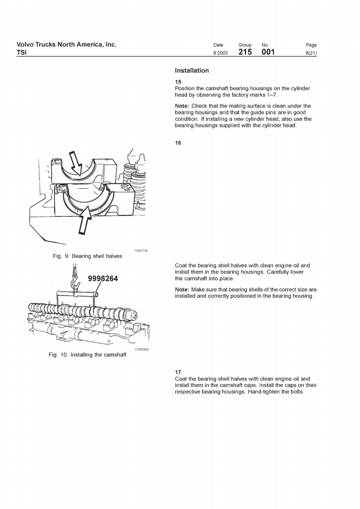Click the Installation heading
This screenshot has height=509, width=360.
point(192,71)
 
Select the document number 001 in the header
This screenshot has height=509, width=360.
point(268,53)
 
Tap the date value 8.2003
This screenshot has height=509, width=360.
point(221,54)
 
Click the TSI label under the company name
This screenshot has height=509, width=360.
point(21,53)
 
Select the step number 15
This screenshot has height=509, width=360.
point(178,82)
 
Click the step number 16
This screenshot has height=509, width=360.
point(178,143)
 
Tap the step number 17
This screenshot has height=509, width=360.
point(178,372)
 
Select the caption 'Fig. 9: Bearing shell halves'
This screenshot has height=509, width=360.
point(87,256)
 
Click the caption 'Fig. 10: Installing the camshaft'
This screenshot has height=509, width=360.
point(87,355)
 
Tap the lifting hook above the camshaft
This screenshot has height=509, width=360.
point(75,283)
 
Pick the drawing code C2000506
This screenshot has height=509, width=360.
point(142,349)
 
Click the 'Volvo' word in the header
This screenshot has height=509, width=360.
point(25,44)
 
